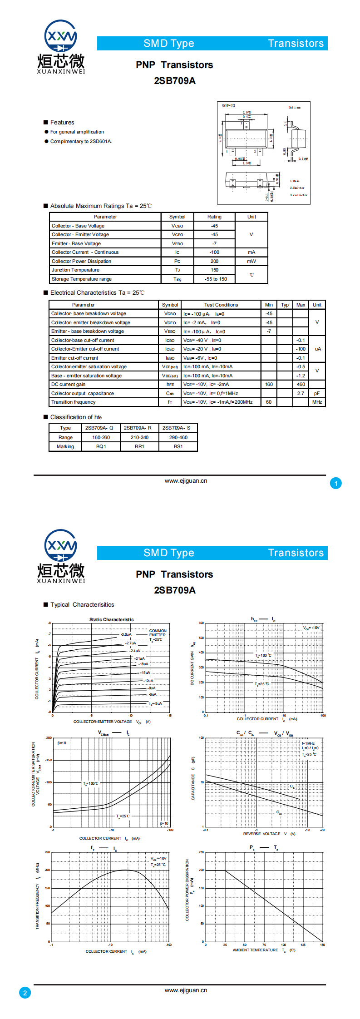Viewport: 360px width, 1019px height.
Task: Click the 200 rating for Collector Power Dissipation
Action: (x=214, y=261)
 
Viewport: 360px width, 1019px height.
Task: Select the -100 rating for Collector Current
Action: (x=214, y=252)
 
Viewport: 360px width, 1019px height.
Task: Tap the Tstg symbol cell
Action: (x=177, y=279)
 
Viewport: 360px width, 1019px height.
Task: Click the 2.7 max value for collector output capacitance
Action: (x=301, y=393)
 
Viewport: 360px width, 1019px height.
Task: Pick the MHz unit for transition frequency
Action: (x=317, y=402)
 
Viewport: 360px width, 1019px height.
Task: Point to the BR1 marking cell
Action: (x=139, y=446)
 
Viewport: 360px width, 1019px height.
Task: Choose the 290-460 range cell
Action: (x=178, y=437)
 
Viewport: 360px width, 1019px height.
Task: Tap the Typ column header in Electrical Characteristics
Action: (x=285, y=305)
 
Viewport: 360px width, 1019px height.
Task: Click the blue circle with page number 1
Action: (x=335, y=483)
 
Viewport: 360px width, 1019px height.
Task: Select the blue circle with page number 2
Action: (x=25, y=993)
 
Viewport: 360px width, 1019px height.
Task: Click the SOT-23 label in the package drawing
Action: (x=228, y=106)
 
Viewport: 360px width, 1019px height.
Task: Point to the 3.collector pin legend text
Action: (x=299, y=195)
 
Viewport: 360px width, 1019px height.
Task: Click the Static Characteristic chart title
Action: (x=111, y=619)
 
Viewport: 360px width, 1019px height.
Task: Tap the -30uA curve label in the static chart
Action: (x=126, y=634)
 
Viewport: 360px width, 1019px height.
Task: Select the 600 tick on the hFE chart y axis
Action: (x=201, y=623)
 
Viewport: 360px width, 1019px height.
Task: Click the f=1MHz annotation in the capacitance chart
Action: (x=308, y=743)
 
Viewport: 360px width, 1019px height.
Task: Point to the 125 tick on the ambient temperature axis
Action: (x=303, y=945)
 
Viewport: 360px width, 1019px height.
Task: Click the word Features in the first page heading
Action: (x=62, y=123)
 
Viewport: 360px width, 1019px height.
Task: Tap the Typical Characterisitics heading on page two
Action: (x=82, y=605)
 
